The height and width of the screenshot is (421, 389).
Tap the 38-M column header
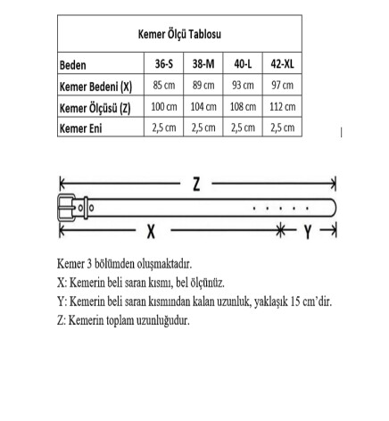tap(203, 65)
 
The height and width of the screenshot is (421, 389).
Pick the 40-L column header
tap(243, 65)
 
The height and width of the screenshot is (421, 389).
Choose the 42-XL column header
tap(283, 65)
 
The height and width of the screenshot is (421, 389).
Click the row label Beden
tap(74, 65)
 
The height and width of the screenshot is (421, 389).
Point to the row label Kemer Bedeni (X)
tap(95, 87)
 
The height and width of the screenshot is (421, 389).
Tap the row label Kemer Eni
tap(81, 128)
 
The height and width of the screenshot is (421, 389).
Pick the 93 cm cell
tap(243, 87)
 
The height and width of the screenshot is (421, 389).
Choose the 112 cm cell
tap(283, 107)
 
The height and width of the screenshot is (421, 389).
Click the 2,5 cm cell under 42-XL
tap(283, 128)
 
